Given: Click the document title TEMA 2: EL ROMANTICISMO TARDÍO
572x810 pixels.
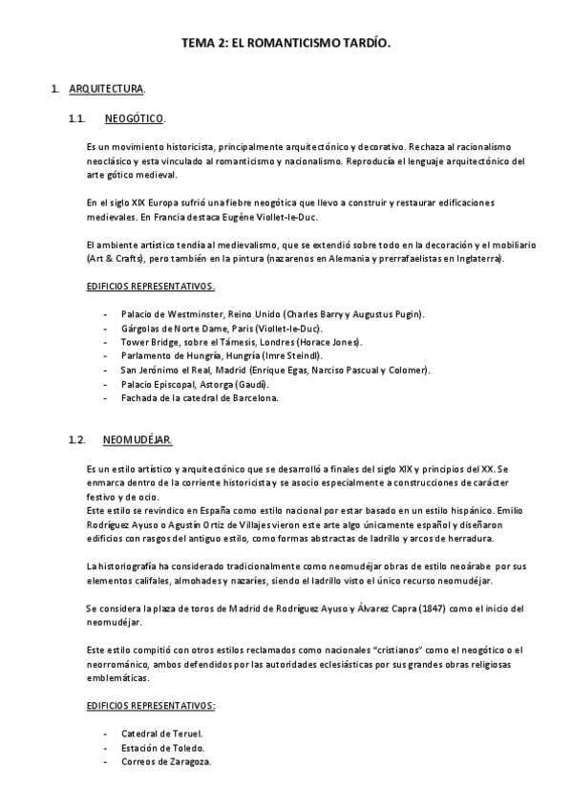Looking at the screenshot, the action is [x=286, y=43].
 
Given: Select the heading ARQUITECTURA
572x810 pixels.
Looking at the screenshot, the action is [x=107, y=90].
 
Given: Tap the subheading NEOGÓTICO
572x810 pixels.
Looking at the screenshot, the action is [x=134, y=119].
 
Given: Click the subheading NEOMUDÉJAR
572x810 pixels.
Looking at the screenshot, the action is [x=137, y=440].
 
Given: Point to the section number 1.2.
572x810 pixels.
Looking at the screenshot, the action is [x=77, y=440].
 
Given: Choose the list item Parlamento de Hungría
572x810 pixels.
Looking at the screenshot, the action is [x=228, y=356].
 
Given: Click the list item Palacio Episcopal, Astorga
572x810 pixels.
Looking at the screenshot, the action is [x=197, y=384].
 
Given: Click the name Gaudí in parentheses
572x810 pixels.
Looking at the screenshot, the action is [x=254, y=384].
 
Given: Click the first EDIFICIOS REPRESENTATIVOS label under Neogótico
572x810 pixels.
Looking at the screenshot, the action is [x=150, y=287].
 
